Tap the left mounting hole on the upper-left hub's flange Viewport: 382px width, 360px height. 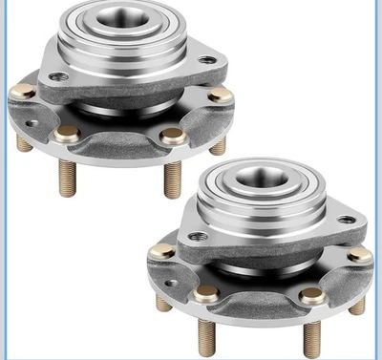(60, 76)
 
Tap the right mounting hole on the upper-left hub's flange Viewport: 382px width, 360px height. (206, 60)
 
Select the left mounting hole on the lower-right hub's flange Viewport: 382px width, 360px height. (198, 236)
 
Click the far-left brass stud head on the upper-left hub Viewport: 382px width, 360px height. (23, 93)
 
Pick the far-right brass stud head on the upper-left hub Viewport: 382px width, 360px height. (221, 95)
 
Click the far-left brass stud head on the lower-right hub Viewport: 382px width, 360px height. (161, 251)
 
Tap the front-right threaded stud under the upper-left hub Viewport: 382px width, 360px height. (173, 177)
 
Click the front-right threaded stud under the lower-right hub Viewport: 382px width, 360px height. (312, 336)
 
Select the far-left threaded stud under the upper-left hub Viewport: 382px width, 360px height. (24, 142)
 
